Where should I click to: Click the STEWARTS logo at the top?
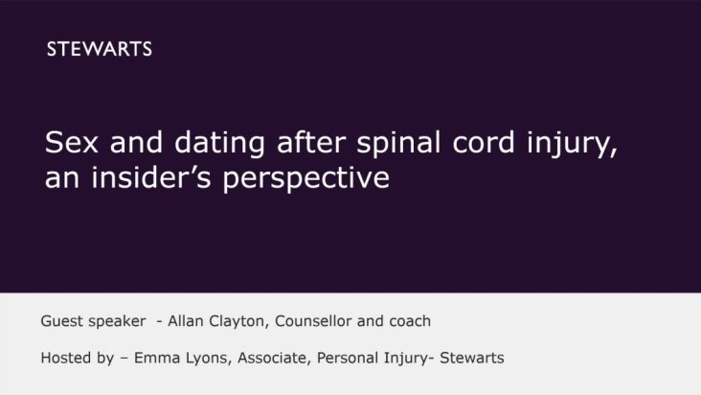99,50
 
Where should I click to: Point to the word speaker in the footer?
119,320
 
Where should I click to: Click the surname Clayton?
237,320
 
